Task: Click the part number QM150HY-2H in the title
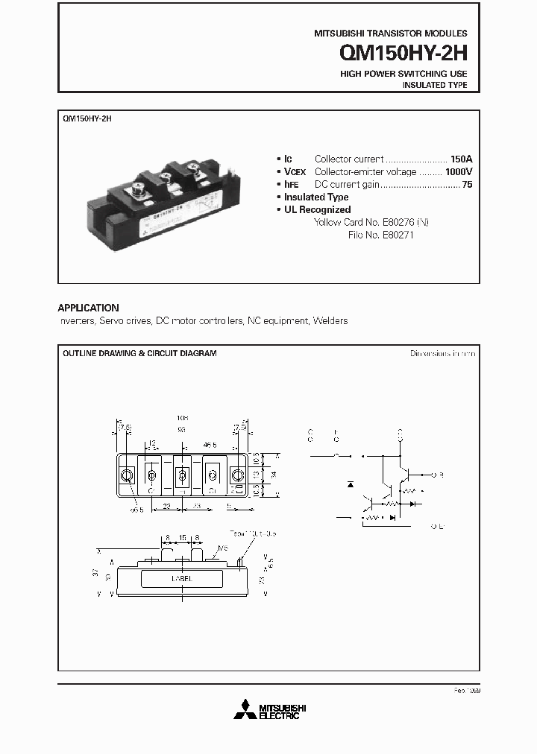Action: click(x=403, y=53)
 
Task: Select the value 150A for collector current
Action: click(x=461, y=159)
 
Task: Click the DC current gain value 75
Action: click(x=467, y=184)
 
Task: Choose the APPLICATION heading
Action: click(x=88, y=308)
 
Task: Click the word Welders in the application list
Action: click(x=330, y=321)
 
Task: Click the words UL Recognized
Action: click(x=317, y=209)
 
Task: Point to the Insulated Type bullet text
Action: click(x=316, y=197)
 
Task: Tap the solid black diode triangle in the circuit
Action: click(x=351, y=484)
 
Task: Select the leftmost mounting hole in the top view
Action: click(x=128, y=475)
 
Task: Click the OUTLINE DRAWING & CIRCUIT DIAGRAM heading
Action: click(x=139, y=353)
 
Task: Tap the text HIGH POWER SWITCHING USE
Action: click(x=403, y=74)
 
